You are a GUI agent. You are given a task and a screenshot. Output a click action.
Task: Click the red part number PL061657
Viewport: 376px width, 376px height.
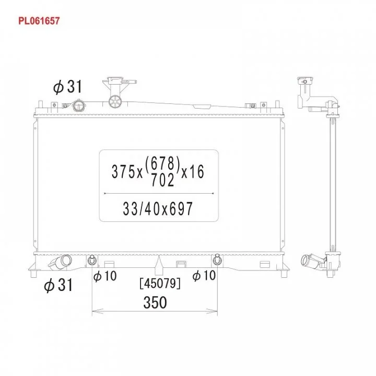click(x=39, y=21)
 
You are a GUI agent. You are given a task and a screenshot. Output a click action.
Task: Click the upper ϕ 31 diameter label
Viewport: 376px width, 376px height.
click(x=67, y=87)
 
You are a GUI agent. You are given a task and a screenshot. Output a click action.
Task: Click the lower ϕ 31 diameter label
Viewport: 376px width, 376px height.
click(x=58, y=285)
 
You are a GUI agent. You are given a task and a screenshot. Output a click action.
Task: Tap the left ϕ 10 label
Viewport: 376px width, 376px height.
click(x=105, y=276)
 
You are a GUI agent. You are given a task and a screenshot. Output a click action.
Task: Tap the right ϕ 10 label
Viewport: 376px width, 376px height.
click(x=204, y=275)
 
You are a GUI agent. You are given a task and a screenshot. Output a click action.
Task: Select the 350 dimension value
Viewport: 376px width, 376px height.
click(x=155, y=302)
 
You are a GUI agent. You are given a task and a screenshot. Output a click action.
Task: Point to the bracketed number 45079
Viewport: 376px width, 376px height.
click(x=160, y=284)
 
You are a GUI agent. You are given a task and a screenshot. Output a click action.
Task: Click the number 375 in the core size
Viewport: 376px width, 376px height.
click(x=124, y=172)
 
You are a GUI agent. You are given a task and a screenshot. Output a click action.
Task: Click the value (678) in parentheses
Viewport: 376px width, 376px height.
click(x=162, y=163)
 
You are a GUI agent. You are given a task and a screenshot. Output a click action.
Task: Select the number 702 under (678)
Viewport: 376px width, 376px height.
click(x=162, y=180)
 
